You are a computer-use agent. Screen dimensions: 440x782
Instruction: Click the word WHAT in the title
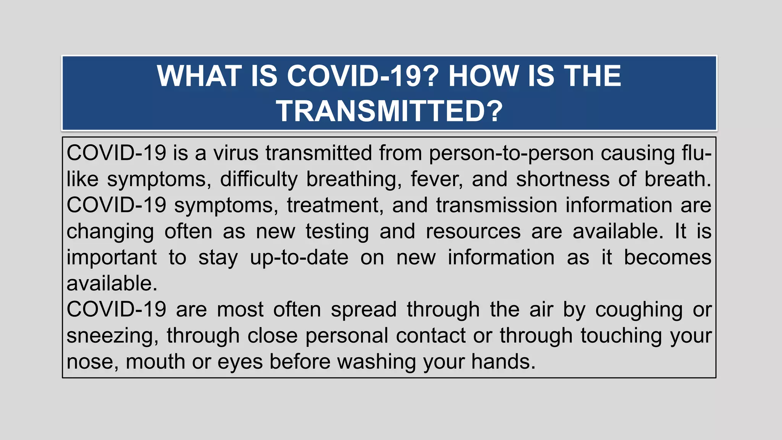click(x=198, y=76)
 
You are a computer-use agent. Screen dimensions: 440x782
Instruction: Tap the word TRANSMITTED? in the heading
click(x=389, y=111)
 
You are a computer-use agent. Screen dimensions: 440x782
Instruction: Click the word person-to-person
click(x=511, y=153)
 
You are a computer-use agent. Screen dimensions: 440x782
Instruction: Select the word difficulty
click(x=259, y=180)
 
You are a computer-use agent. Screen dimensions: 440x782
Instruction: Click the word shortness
click(x=562, y=180)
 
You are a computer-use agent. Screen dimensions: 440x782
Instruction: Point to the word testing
click(x=337, y=232)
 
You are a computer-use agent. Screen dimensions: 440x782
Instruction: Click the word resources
click(x=473, y=232)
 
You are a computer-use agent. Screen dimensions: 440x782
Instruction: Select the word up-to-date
click(x=299, y=258)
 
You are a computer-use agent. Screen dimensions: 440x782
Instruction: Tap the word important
click(x=111, y=258)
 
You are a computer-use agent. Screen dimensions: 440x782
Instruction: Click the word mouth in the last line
click(x=155, y=362)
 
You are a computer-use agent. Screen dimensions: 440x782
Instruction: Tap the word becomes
click(x=667, y=258)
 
